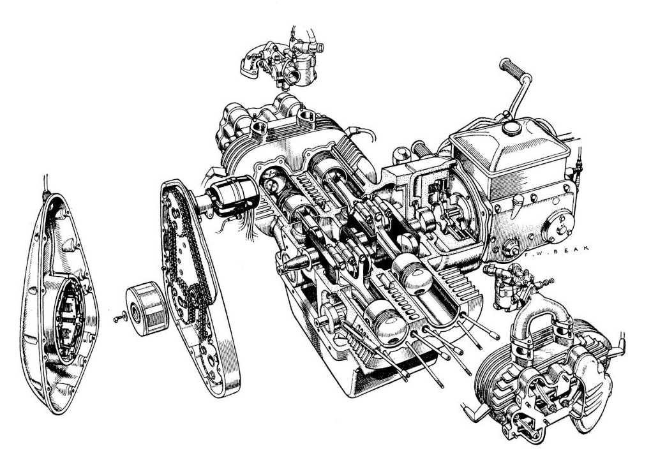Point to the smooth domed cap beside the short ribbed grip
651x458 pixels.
tap(400, 154)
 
